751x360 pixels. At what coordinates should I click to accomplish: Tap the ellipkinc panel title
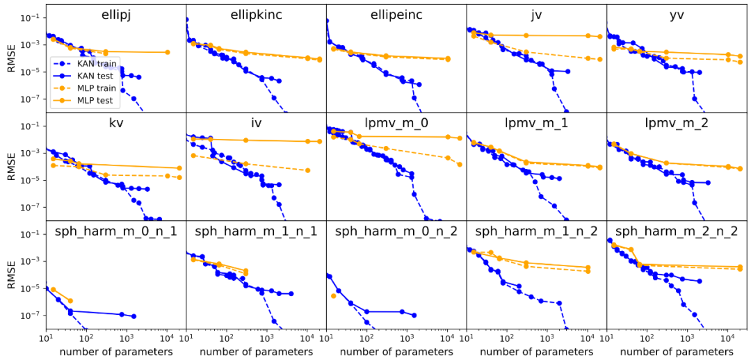click(x=256, y=15)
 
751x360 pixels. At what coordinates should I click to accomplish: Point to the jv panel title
click(x=536, y=15)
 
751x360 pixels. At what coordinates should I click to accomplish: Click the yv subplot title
click(x=677, y=15)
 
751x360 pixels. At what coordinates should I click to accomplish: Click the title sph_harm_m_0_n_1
click(x=116, y=231)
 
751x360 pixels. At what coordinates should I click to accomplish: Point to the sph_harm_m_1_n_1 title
click(x=256, y=231)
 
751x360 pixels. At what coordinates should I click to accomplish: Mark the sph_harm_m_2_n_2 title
click(x=677, y=231)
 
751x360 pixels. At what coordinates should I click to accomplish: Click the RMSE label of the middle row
click(x=9, y=167)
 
